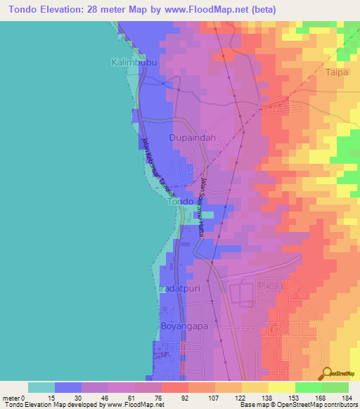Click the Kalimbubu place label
coord(133,63)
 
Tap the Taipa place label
coord(337,72)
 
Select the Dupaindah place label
coord(192,138)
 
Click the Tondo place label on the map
coord(179,202)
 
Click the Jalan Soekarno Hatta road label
coord(200,206)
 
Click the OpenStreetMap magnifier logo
coord(325,373)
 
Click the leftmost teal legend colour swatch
coord(41,387)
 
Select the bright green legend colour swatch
coord(308,387)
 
